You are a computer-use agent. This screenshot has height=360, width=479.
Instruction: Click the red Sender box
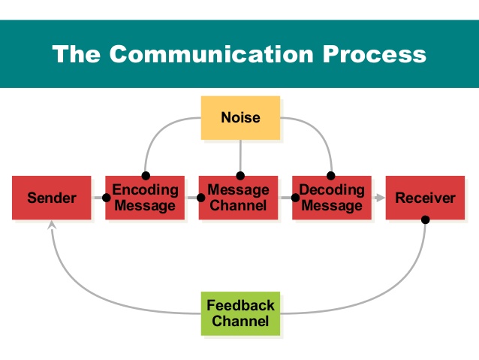(51, 198)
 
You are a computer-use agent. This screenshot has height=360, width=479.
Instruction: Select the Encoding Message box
(145, 198)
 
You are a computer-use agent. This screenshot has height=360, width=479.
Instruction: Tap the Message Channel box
(238, 198)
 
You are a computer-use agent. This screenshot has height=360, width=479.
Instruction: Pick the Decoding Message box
(331, 198)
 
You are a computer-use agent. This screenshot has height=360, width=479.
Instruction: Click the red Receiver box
(425, 198)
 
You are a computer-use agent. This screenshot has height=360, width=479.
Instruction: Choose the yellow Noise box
(240, 118)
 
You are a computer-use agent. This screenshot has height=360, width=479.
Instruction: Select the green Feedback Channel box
(240, 313)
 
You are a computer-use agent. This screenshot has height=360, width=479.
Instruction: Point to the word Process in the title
(379, 54)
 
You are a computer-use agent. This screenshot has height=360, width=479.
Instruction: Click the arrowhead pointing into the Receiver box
(380, 198)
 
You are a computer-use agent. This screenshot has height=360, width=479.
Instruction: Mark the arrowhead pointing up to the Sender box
(51, 225)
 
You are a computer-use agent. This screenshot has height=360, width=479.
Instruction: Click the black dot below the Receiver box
(425, 220)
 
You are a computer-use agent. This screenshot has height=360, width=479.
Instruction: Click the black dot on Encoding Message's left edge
(107, 198)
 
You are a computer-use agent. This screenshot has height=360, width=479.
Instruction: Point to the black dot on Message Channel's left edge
(200, 198)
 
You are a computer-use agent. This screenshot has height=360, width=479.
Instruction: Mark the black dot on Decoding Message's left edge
(294, 198)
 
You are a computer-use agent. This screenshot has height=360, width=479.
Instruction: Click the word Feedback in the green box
(240, 306)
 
